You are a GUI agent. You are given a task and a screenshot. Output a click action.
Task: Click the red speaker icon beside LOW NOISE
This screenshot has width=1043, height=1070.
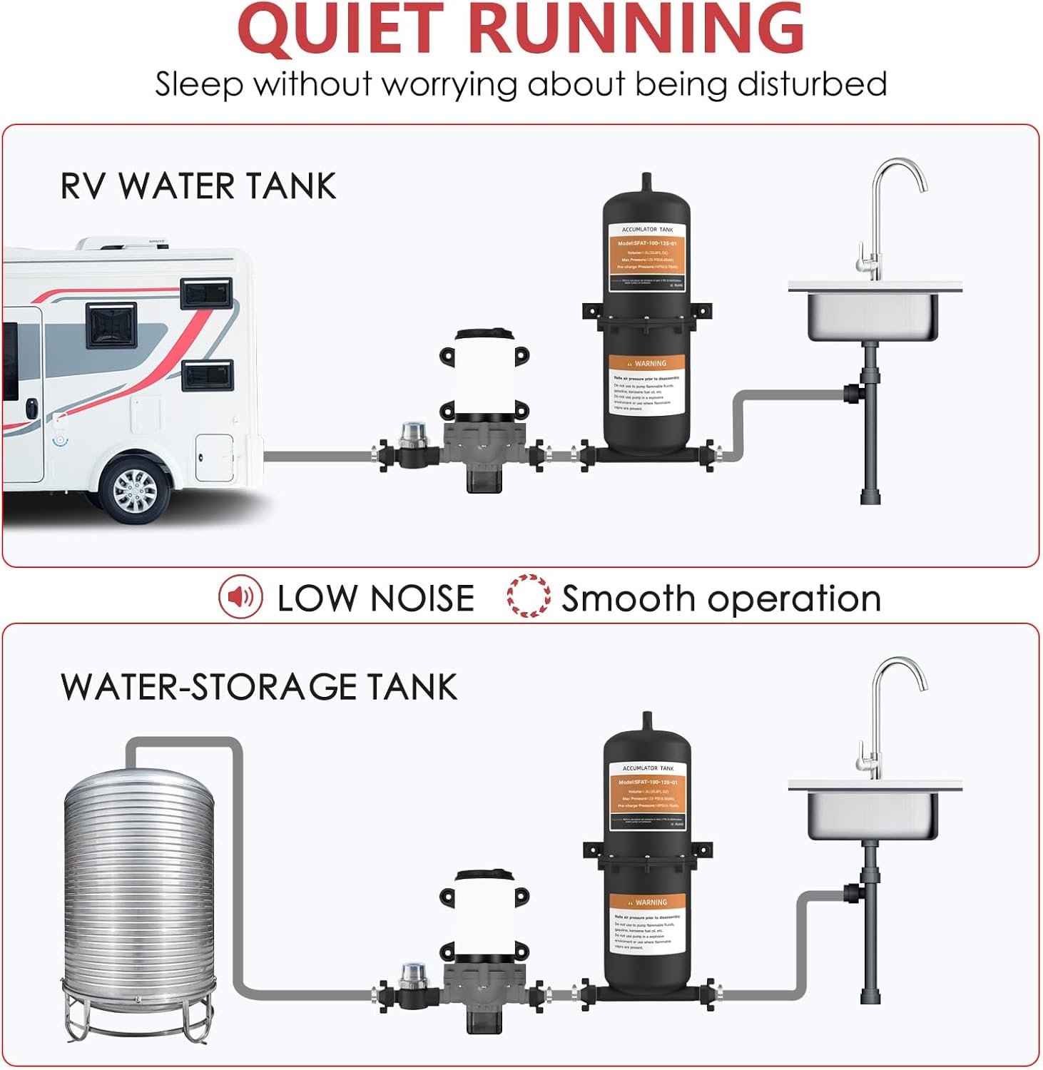(x=240, y=597)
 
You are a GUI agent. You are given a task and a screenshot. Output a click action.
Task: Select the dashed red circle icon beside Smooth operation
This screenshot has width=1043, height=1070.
(x=528, y=597)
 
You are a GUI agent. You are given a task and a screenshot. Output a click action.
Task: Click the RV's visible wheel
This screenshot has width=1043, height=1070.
(x=135, y=490)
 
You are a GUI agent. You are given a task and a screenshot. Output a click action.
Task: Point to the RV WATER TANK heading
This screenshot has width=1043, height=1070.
(x=198, y=186)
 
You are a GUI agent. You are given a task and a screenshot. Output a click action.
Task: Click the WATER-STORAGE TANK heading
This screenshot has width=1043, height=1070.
(x=258, y=686)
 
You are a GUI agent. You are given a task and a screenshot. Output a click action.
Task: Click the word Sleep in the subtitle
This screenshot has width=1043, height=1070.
(x=199, y=84)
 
